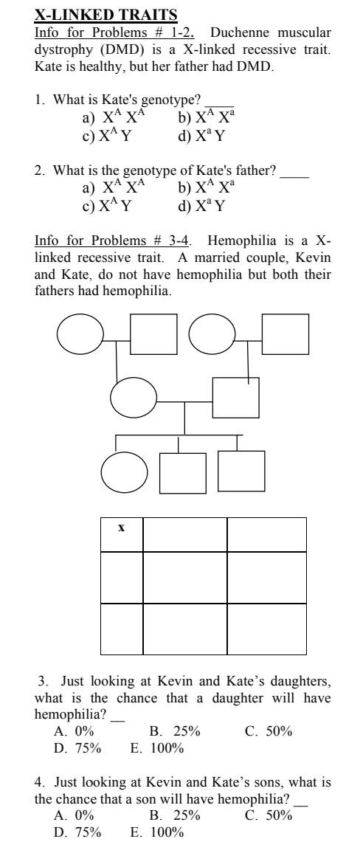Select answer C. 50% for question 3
269,731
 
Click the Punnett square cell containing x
122,534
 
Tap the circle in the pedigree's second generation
133,398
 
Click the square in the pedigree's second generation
235,400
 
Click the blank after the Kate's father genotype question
295,171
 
